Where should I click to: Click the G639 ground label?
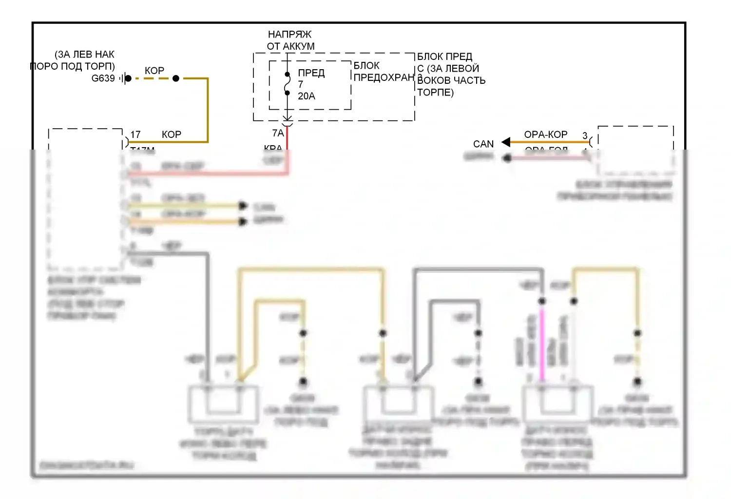click(x=103, y=78)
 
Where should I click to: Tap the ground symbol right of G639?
click(x=125, y=78)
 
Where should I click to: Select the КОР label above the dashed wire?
click(x=154, y=71)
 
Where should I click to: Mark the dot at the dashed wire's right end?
click(x=176, y=78)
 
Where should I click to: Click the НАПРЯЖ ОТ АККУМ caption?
click(x=290, y=40)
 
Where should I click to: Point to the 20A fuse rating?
click(x=307, y=96)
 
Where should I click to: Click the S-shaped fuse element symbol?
click(x=288, y=84)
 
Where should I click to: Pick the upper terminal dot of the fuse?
click(x=288, y=75)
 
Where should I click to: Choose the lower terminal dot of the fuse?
click(x=288, y=93)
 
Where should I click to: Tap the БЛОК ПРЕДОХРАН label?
click(x=384, y=72)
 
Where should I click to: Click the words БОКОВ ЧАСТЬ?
click(x=451, y=80)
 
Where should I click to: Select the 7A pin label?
click(x=278, y=133)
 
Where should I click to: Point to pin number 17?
click(x=135, y=134)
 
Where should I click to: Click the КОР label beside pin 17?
click(x=172, y=134)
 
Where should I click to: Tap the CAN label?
click(x=483, y=144)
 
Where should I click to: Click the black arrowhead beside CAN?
click(x=506, y=142)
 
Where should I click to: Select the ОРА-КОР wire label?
click(x=546, y=134)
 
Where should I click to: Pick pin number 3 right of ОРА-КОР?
click(x=585, y=135)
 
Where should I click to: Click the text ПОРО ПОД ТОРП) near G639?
click(x=73, y=66)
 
